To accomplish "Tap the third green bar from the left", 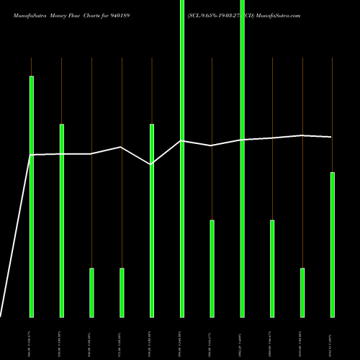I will click(91, 292).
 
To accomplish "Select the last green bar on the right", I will click(333, 244).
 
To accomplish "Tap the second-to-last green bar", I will click(302, 292).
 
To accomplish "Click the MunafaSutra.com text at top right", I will click(274, 14).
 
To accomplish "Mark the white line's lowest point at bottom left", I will click(1, 316).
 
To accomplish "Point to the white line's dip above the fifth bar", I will click(152, 165).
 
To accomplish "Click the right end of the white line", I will click(332, 137).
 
